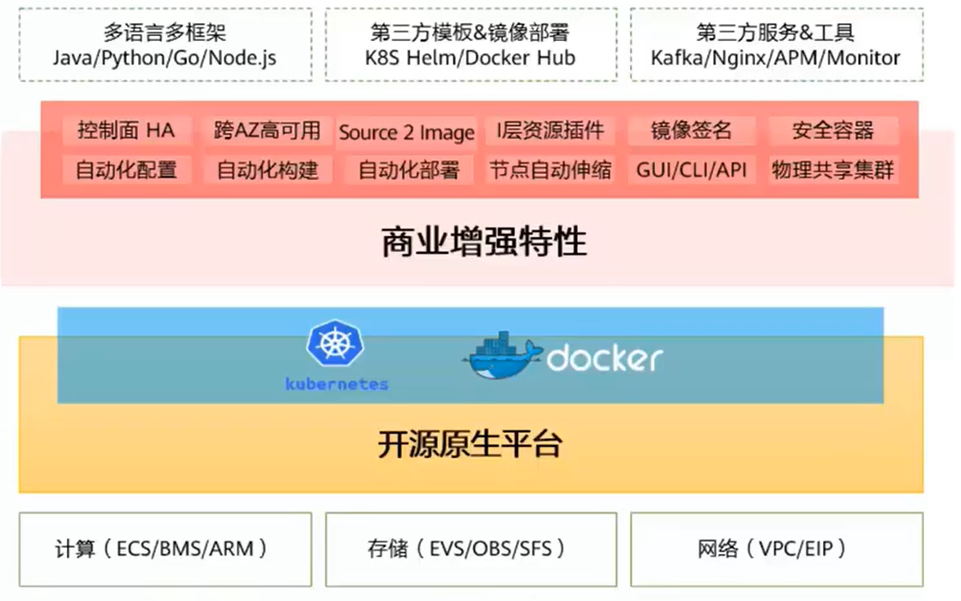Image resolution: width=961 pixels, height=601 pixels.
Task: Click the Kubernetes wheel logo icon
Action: click(x=335, y=344)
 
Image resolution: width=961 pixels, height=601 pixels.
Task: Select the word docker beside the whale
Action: click(x=604, y=358)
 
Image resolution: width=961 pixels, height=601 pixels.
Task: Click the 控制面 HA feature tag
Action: click(x=126, y=130)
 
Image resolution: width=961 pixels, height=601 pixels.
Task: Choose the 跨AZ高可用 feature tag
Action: click(x=267, y=130)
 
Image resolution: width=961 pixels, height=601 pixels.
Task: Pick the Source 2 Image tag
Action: click(x=406, y=132)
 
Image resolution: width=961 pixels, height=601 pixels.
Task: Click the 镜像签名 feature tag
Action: click(x=691, y=130)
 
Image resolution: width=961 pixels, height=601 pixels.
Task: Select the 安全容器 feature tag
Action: click(x=832, y=130)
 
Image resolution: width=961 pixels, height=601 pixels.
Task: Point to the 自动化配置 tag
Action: click(x=126, y=170)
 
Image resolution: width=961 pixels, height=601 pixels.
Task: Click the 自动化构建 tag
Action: click(x=267, y=170)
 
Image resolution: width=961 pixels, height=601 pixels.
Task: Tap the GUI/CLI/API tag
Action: click(x=691, y=170)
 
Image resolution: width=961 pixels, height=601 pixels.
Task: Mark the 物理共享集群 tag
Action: click(x=832, y=170)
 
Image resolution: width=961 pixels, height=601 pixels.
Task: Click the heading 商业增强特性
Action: click(x=484, y=242)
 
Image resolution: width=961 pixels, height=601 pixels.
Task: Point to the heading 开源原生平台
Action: click(x=470, y=445)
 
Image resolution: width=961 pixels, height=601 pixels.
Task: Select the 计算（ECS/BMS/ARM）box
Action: click(x=165, y=549)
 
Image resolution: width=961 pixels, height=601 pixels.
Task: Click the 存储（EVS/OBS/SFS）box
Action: click(x=471, y=549)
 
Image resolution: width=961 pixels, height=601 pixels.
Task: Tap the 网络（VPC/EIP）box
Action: click(x=777, y=549)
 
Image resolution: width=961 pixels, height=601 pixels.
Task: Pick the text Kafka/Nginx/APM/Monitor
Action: click(x=776, y=58)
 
